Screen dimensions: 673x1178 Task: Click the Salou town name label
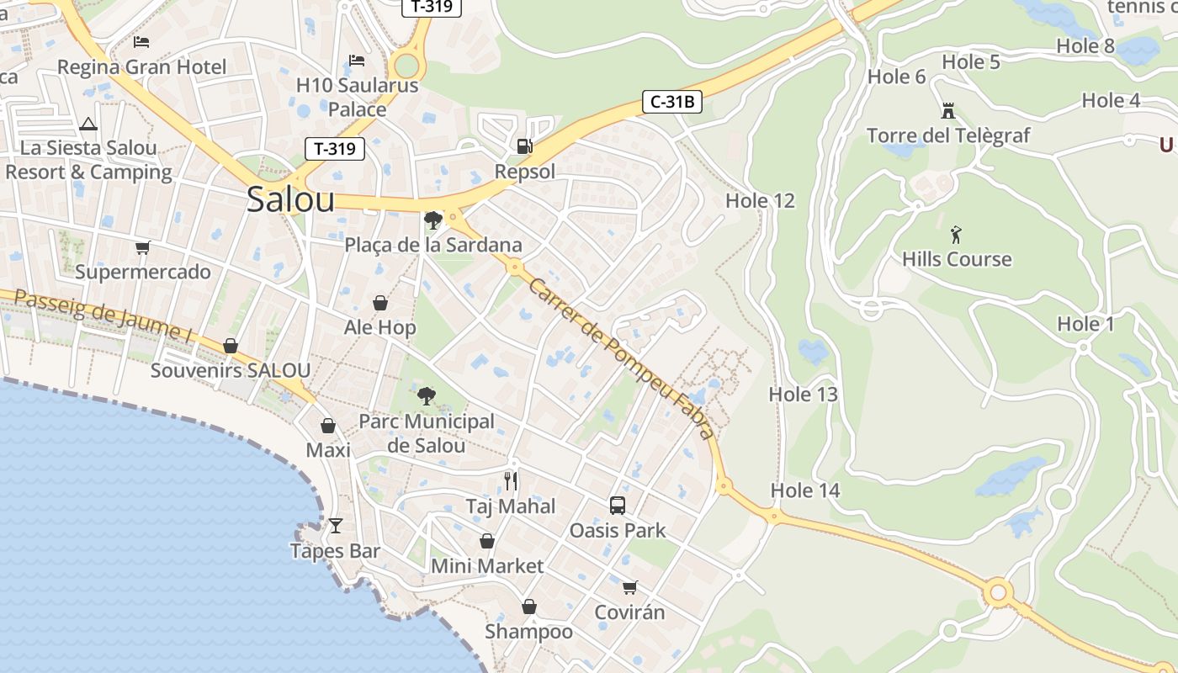[290, 200]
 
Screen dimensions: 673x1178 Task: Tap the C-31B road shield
[671, 103]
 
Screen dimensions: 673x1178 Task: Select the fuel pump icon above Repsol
[525, 146]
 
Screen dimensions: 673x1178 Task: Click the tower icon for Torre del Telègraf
[948, 110]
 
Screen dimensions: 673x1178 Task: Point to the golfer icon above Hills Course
[956, 234]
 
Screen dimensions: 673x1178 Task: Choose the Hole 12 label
[760, 201]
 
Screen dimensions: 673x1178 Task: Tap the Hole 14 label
[805, 490]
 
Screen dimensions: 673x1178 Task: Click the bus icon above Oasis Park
[618, 506]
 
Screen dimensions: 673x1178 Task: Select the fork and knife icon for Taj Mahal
[511, 481]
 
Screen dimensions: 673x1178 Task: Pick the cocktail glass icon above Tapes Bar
[336, 526]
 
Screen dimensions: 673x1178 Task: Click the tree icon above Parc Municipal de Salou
[427, 396]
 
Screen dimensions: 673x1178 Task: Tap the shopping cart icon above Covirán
[630, 587]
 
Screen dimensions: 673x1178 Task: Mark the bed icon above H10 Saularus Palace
[357, 61]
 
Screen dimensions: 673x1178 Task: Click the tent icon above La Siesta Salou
[88, 125]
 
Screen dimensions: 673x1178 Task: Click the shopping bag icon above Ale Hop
[380, 303]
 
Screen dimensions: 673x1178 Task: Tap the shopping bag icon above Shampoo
[529, 607]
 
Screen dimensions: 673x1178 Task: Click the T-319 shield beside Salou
[335, 150]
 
